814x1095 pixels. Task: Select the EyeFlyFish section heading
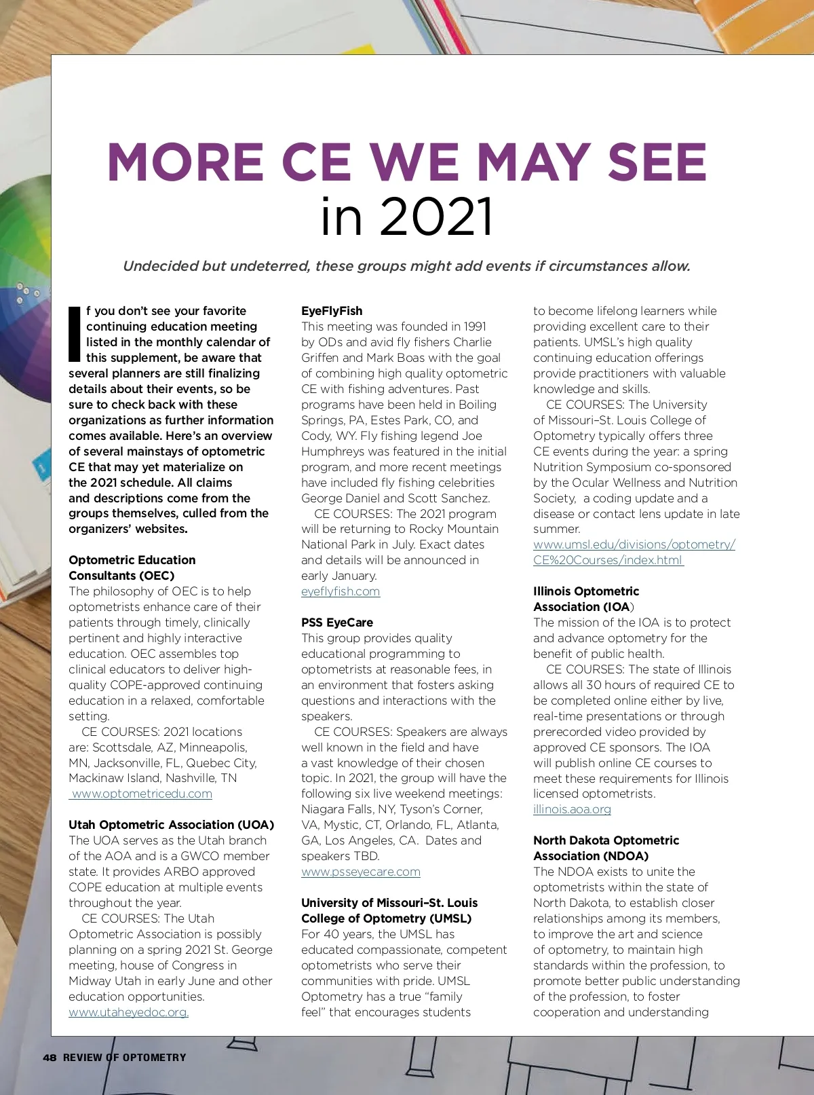(332, 311)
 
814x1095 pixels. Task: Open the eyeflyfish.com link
(341, 591)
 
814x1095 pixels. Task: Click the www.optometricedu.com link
(142, 794)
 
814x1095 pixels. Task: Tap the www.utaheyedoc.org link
(128, 1012)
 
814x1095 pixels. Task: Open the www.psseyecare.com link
(361, 872)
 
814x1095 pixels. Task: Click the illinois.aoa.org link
(572, 809)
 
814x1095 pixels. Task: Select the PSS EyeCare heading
(337, 623)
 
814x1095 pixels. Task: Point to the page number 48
(50, 1058)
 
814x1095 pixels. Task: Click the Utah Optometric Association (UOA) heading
(171, 825)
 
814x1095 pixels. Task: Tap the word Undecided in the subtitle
(159, 266)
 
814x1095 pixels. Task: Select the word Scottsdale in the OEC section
(121, 747)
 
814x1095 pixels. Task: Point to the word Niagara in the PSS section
(323, 809)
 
